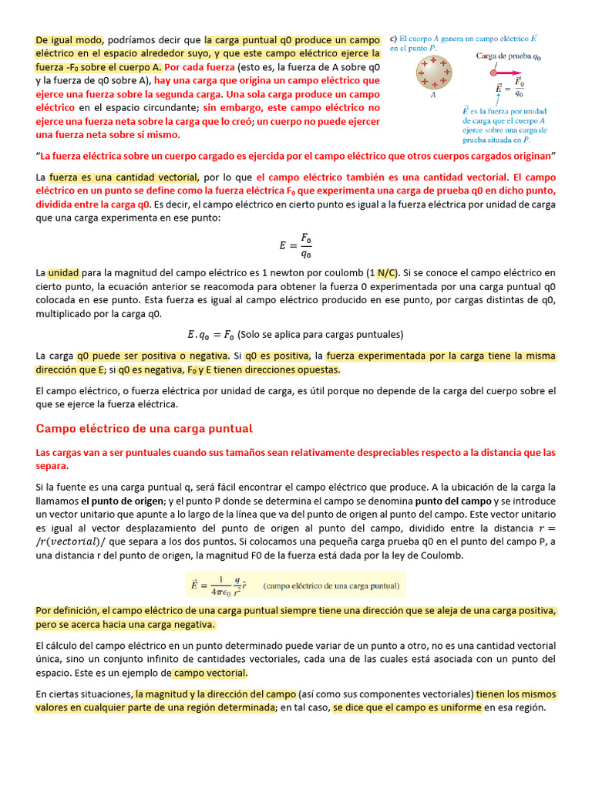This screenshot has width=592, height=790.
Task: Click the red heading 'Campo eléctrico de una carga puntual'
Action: pos(144,428)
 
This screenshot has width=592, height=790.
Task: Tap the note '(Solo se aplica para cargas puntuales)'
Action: pos(321,334)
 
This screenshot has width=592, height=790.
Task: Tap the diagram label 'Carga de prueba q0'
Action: pos(509,56)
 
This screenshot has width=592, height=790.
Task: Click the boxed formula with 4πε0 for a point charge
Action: pos(298,584)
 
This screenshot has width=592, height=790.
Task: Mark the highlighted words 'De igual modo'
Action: pos(68,39)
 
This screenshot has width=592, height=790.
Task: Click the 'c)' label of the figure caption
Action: pos(394,36)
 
